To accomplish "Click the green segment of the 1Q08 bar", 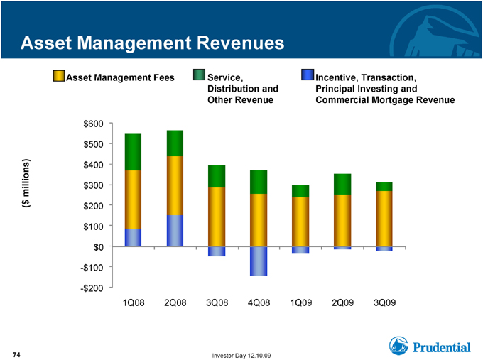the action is coord(133,152).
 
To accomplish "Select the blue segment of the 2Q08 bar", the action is coord(175,231).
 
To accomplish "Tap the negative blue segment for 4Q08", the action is coord(259,261).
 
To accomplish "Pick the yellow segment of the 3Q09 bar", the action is coord(384,219).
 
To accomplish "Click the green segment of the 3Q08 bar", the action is coord(217,177).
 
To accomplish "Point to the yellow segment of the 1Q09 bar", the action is coord(300,222).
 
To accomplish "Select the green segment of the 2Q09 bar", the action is coord(342,184).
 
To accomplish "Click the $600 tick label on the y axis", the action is coord(93,124).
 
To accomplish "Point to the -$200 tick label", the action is coord(92,288).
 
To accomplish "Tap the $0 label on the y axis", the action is coord(98,247).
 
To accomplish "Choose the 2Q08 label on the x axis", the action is coord(175,302).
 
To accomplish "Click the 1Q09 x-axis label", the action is coord(301,302).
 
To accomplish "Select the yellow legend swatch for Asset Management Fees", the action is coord(58,76).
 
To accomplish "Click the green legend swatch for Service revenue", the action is coord(199,75).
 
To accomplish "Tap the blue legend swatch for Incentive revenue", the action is coord(308,75).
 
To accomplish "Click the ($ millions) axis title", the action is coord(26,183).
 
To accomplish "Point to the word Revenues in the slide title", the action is coord(240,43).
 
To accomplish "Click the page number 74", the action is coord(16,355).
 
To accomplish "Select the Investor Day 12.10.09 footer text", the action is coord(241,356).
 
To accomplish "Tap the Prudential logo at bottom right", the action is coord(430,346).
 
